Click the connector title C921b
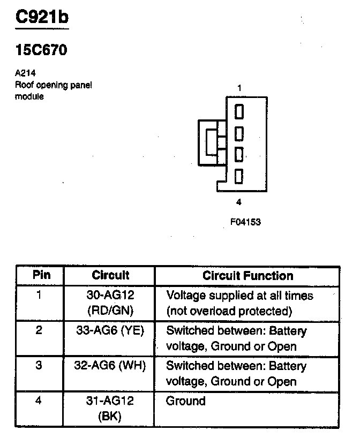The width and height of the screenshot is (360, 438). pos(42,17)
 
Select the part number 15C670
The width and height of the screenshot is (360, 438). pos(41,51)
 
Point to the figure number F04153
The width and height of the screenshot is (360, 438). pos(245,222)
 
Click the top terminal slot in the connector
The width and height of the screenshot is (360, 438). pos(239,111)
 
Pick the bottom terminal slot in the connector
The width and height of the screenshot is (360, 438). pos(239,175)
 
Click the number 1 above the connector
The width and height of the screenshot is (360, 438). pos(239,88)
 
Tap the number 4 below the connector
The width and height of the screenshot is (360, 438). pos(239,202)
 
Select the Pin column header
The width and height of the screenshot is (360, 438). pos(41,275)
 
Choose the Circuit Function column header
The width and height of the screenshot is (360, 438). pos(247,276)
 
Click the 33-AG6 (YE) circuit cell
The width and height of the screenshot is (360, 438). pos(110,330)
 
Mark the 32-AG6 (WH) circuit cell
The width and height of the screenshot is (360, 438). pos(110,366)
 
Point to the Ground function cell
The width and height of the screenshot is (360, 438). pos(185,401)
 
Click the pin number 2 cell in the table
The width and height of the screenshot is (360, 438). pos(39,330)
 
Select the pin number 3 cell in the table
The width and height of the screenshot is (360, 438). pos(39,366)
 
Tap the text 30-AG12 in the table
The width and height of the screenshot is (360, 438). pos(110,295)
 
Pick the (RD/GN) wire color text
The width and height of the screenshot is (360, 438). pos(110,310)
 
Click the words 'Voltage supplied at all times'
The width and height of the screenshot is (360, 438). pos(239,296)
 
